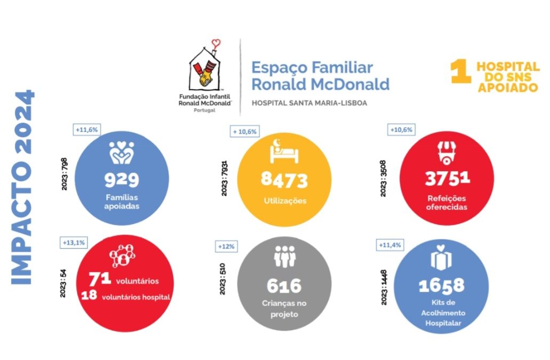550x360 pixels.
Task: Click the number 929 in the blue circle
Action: [122, 180]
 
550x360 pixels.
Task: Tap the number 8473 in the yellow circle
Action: [284, 180]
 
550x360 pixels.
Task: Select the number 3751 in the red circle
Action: [447, 179]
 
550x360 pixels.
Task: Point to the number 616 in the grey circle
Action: [284, 286]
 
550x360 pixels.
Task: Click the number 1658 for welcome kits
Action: [441, 286]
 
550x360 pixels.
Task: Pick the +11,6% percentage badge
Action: [86, 130]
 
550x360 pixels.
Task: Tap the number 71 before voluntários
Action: [100, 278]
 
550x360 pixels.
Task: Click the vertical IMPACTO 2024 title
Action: [23, 187]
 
